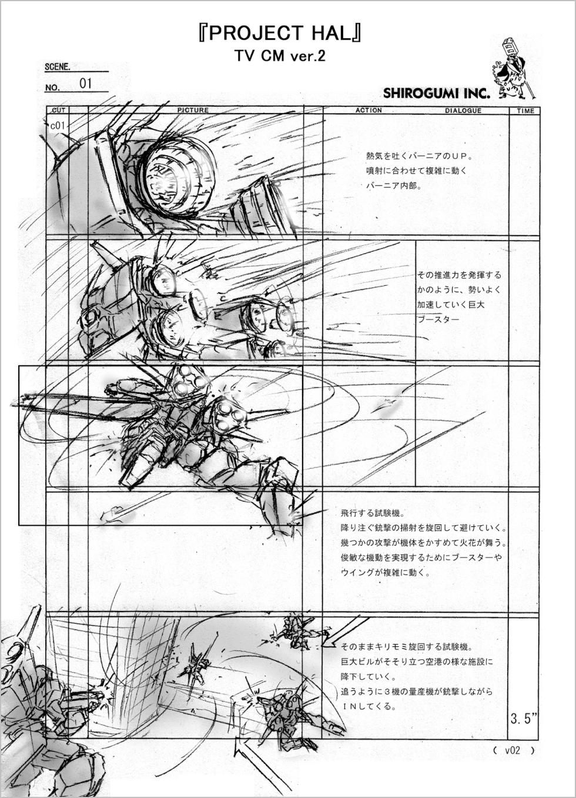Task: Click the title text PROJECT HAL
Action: pyautogui.click(x=280, y=34)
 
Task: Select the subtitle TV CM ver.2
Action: pyautogui.click(x=280, y=56)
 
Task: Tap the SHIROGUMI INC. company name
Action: pyautogui.click(x=437, y=94)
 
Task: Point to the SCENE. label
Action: pyautogui.click(x=58, y=67)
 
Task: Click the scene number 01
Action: pyautogui.click(x=86, y=84)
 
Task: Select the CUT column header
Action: pyautogui.click(x=59, y=111)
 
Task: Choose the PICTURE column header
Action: pyautogui.click(x=193, y=111)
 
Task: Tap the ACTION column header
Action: pyautogui.click(x=369, y=111)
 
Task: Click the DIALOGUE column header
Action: pyautogui.click(x=463, y=111)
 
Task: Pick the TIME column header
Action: pyautogui.click(x=525, y=111)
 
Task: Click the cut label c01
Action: pyautogui.click(x=58, y=126)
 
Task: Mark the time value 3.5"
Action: pyautogui.click(x=523, y=719)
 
